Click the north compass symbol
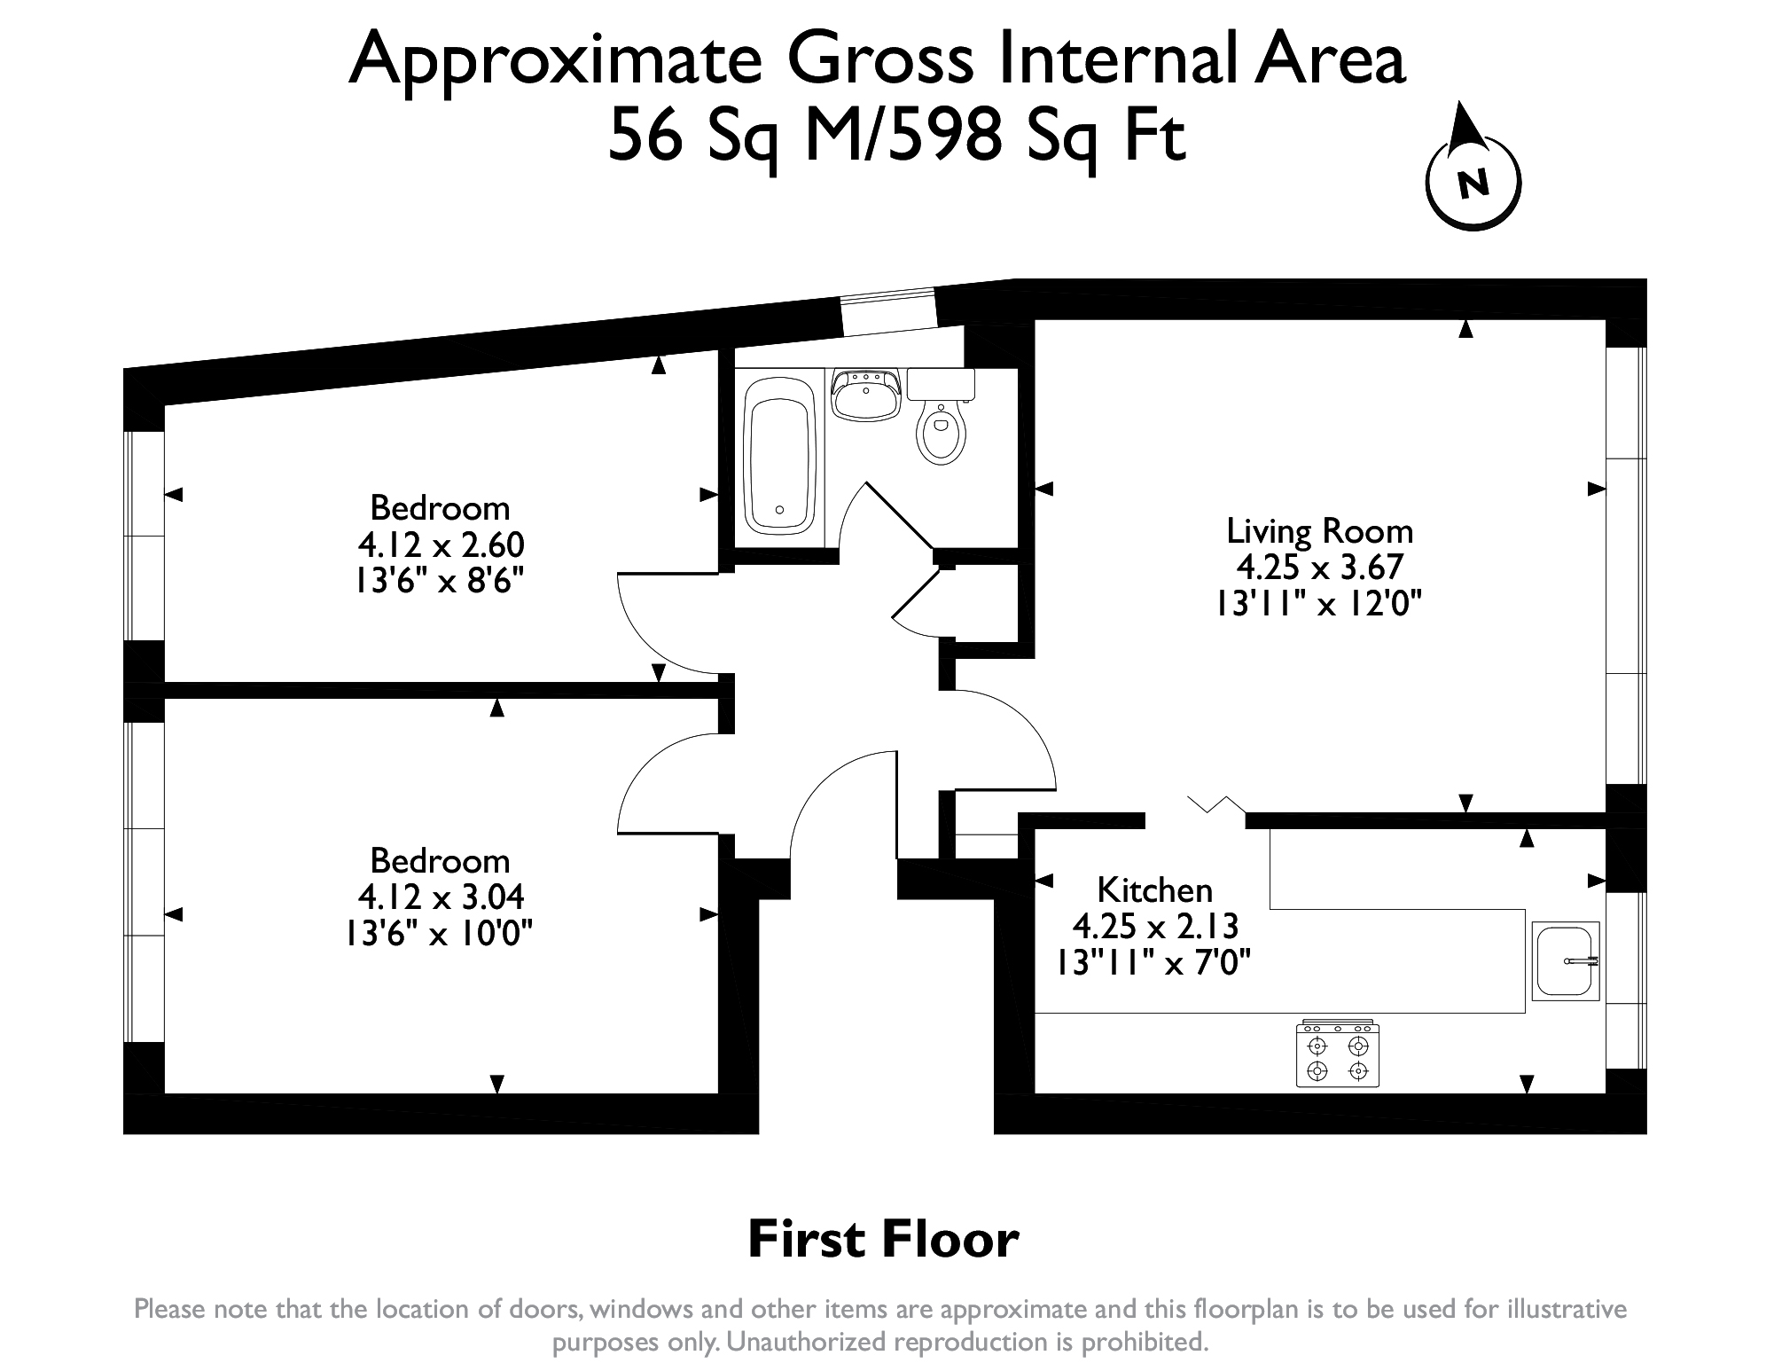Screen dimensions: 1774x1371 coord(1473,178)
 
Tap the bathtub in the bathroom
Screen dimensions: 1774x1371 coord(780,457)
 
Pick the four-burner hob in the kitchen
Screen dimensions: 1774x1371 coord(1338,1054)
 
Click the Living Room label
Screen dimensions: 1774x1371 coord(1319,531)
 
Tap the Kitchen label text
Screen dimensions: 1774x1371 coord(1154,889)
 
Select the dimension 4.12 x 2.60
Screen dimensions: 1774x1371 coord(441,544)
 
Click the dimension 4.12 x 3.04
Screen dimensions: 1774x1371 coord(441,897)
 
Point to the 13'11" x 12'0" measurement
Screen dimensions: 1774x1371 coord(1318,604)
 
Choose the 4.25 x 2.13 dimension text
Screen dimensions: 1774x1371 coord(1154,926)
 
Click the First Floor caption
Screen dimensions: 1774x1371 coord(883,1240)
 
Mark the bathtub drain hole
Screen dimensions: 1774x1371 coord(779,510)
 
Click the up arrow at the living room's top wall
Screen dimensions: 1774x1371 coord(1465,329)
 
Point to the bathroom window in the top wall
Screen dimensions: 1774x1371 coord(888,312)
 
